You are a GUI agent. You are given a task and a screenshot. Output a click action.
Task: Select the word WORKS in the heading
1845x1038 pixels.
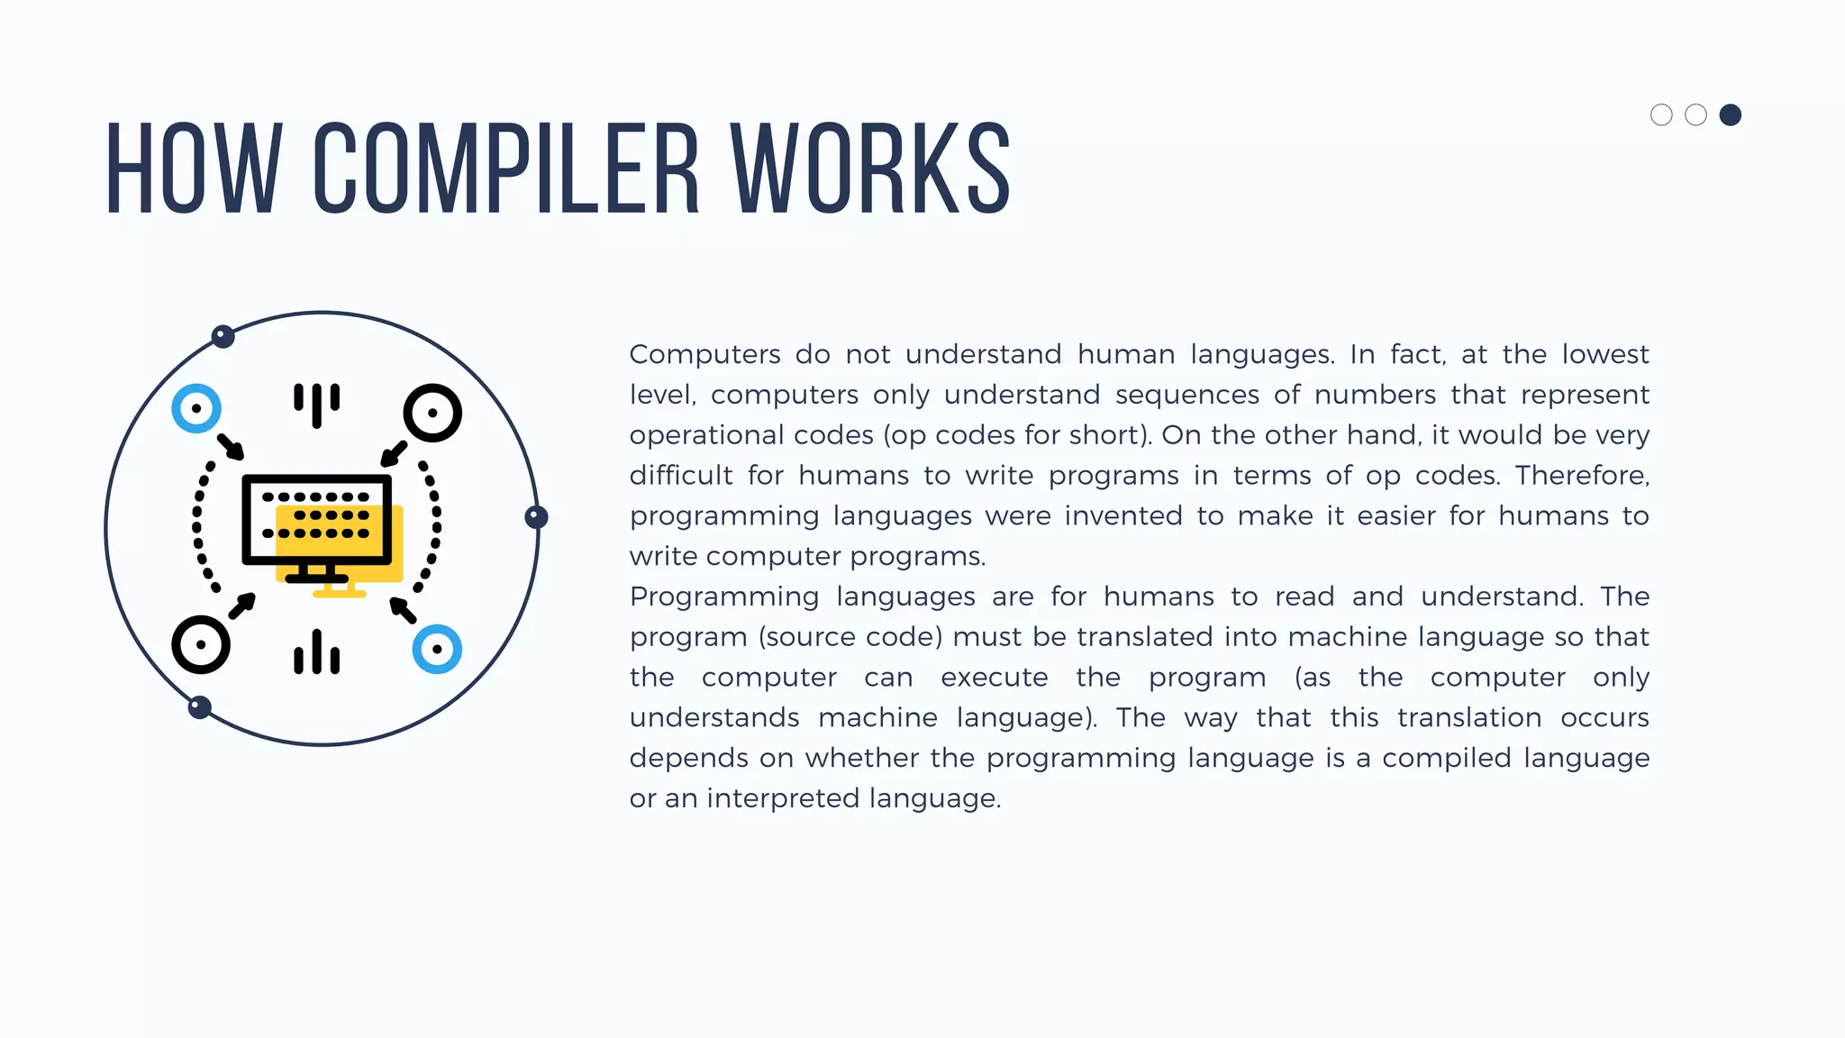coord(870,168)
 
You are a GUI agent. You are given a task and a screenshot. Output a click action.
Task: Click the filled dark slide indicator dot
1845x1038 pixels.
coord(1730,115)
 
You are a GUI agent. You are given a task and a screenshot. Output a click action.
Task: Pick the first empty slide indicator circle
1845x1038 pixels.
coord(1661,115)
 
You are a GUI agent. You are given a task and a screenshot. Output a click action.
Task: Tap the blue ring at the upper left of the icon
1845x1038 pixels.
coord(196,408)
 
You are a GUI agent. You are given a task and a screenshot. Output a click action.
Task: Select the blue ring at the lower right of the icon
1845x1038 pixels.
coord(437,649)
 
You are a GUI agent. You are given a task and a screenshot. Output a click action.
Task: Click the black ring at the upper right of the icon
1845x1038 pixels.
coord(432,413)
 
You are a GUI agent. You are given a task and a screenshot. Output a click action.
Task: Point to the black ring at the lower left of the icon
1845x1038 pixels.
coord(200,644)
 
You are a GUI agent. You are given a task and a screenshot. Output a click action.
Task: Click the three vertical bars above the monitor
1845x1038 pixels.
coord(316,403)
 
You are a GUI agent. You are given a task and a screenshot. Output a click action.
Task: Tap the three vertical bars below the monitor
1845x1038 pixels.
coord(316,653)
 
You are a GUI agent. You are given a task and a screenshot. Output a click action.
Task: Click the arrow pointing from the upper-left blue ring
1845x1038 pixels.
coord(231,447)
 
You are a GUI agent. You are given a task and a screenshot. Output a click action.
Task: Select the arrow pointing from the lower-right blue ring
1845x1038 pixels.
coord(403,610)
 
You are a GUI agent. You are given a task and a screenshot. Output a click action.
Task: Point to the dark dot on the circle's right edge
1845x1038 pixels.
coord(536,516)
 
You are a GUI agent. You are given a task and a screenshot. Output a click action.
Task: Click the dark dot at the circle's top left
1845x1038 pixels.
coord(223,337)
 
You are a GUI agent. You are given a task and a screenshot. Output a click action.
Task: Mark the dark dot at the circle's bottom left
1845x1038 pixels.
coord(200,707)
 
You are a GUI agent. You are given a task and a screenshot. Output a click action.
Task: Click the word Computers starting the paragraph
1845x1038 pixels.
coord(704,354)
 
